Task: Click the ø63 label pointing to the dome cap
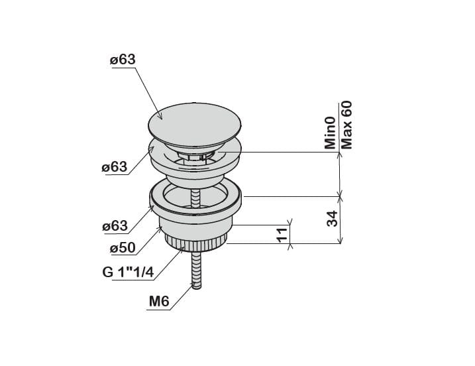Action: [123, 60]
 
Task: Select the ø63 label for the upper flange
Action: [115, 167]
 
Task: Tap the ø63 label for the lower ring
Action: [115, 226]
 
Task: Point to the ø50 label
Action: [123, 248]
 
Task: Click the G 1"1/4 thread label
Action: [128, 273]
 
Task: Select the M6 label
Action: [159, 302]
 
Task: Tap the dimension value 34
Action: [332, 218]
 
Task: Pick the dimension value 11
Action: [282, 235]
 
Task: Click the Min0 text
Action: [330, 133]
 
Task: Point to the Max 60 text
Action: [346, 125]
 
